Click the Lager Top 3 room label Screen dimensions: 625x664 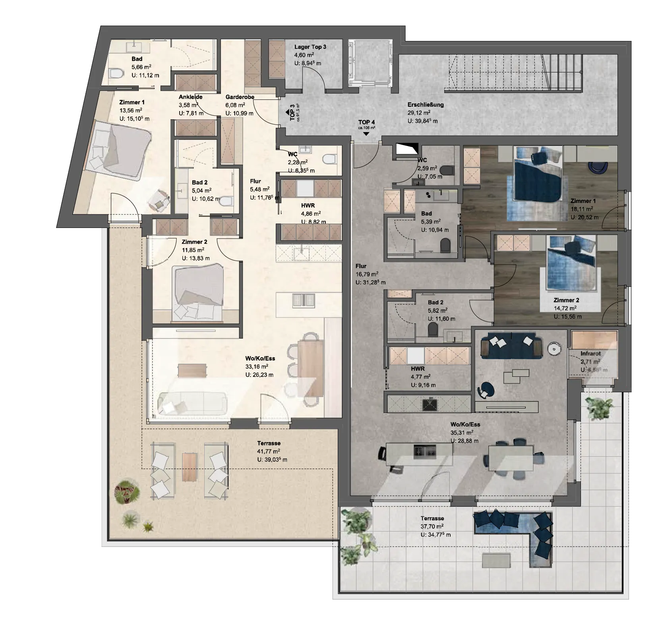310,47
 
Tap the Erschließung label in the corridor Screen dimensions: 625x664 425,105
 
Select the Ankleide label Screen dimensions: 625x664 190,97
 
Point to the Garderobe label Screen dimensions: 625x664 240,97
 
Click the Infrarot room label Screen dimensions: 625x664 590,353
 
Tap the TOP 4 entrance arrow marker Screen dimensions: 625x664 366,134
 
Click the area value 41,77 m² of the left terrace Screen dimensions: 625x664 269,451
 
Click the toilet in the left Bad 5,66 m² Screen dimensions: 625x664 115,74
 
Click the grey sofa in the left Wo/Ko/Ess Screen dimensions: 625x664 192,402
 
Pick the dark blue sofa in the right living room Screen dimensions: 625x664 511,345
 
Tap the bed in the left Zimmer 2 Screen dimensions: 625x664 197,292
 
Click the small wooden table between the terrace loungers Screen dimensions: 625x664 190,467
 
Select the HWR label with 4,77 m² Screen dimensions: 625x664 418,369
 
